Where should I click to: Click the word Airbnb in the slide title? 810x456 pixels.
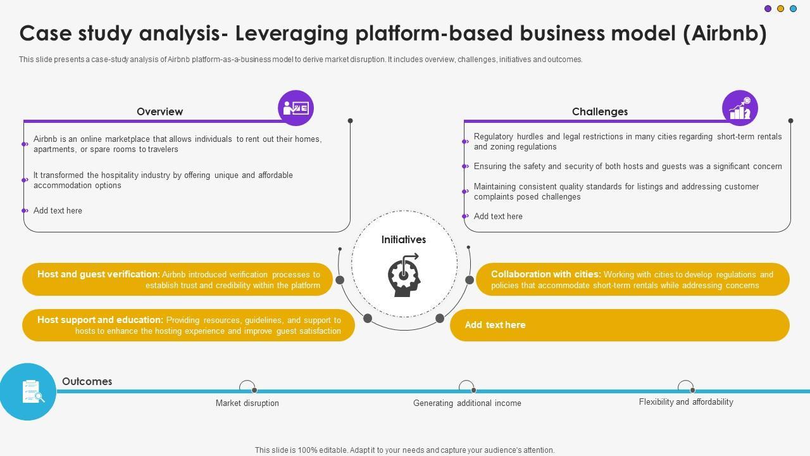click(725, 34)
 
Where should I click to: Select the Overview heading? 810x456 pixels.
click(159, 111)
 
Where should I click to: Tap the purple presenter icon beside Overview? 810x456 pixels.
click(296, 108)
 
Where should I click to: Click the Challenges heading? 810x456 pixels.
click(599, 111)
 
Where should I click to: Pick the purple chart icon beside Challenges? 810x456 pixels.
click(740, 108)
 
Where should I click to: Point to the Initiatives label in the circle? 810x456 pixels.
click(403, 240)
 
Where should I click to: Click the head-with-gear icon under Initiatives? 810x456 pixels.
click(404, 274)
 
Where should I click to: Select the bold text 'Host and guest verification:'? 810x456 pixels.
click(98, 274)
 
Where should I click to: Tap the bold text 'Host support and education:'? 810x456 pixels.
click(100, 320)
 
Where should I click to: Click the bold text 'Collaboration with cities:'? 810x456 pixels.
click(545, 274)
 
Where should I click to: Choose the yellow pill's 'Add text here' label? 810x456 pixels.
click(495, 325)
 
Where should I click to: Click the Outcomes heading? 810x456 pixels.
click(87, 381)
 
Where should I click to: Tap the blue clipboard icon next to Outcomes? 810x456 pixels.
click(28, 391)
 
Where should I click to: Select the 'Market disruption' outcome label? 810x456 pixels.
click(247, 403)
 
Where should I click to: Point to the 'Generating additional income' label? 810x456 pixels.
click(467, 403)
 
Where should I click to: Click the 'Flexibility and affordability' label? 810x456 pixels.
click(686, 402)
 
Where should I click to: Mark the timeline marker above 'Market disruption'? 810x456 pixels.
click(247, 387)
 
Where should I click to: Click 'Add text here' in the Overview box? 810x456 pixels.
click(58, 210)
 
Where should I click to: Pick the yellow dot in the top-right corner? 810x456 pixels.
click(780, 9)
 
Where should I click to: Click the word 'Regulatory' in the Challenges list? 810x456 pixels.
click(494, 136)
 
